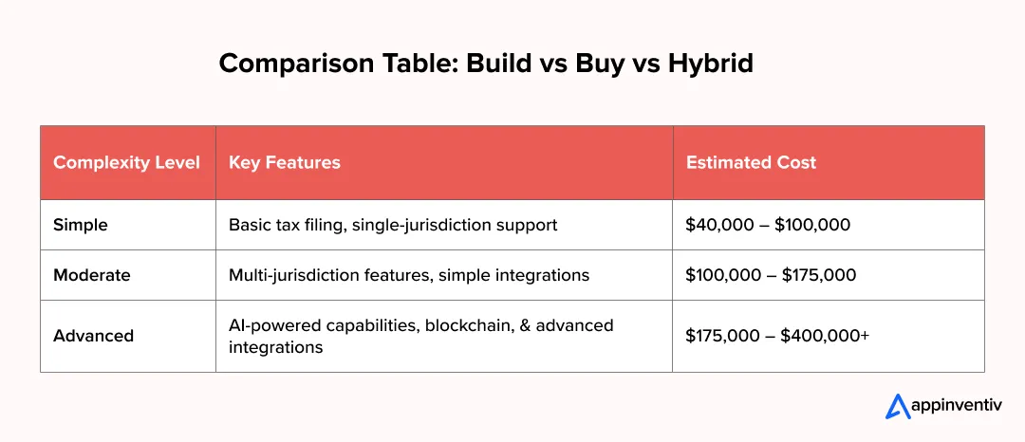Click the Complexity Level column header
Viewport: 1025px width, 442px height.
click(x=126, y=162)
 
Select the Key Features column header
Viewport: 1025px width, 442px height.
click(x=284, y=162)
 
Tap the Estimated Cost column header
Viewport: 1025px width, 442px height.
click(x=751, y=162)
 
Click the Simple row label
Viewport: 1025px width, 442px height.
click(x=81, y=225)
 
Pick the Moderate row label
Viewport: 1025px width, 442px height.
click(x=91, y=275)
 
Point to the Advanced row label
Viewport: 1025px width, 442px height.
click(x=93, y=336)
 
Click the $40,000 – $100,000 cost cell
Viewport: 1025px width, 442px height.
click(x=768, y=225)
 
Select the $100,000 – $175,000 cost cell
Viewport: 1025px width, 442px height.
click(x=771, y=275)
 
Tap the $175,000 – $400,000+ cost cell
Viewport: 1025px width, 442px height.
click(x=777, y=336)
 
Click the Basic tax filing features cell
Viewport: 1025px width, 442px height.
click(x=393, y=225)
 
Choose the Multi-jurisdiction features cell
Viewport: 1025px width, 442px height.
click(x=409, y=275)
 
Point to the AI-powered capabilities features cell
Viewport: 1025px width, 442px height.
click(x=421, y=336)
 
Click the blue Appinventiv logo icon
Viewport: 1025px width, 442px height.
click(x=898, y=406)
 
